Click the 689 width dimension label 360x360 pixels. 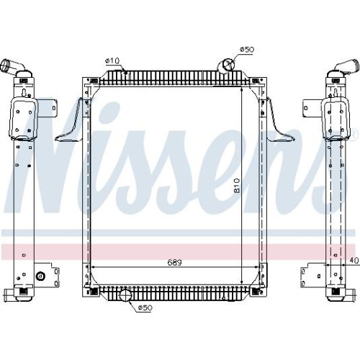(174, 262)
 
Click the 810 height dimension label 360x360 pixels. (237, 185)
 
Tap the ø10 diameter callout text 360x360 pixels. (112, 61)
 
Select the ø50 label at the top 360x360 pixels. (247, 50)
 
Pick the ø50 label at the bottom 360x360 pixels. (145, 308)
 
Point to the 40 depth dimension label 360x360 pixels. (354, 260)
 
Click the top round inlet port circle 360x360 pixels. (226, 64)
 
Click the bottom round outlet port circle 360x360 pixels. (125, 295)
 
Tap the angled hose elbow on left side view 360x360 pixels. (13, 66)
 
